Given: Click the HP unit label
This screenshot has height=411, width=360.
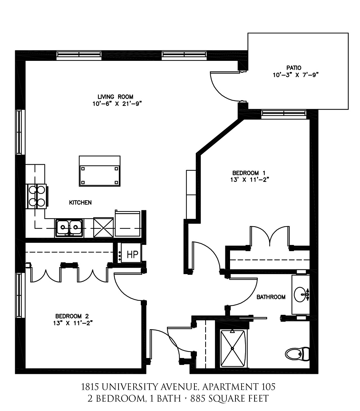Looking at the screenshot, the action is [132, 254].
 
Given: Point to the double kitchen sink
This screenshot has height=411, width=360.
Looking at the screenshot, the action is [69, 228].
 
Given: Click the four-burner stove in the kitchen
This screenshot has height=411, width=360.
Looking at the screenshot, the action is [37, 196].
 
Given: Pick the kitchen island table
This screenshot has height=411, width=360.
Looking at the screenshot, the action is [100, 171].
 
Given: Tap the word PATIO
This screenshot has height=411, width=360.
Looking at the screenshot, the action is [294, 68].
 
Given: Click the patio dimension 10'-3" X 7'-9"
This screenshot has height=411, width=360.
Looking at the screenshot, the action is [296, 75].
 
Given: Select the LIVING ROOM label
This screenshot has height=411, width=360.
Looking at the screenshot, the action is [115, 97].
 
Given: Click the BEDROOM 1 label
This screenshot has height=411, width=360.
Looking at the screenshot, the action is [249, 173].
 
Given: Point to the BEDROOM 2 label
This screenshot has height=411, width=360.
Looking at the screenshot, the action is [72, 316].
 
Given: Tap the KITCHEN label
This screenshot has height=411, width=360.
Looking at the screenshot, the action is [80, 202].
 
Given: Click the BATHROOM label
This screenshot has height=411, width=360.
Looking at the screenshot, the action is [271, 297].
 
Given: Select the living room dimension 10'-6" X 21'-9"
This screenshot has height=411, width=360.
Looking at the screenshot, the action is [117, 104].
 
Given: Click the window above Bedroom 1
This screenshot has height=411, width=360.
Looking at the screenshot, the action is [284, 113].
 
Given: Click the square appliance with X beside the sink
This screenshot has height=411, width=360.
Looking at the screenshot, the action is [103, 227].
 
